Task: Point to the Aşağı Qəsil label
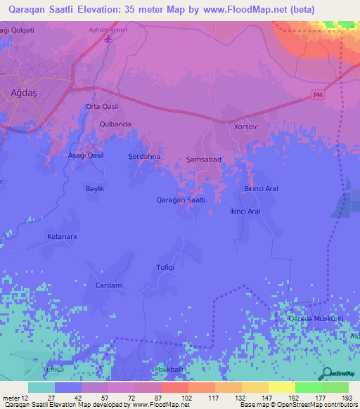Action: click(x=85, y=155)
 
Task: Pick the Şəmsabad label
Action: click(x=204, y=160)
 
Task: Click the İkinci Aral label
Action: click(x=245, y=211)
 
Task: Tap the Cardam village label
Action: click(x=108, y=285)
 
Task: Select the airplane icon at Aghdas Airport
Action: click(x=108, y=37)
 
